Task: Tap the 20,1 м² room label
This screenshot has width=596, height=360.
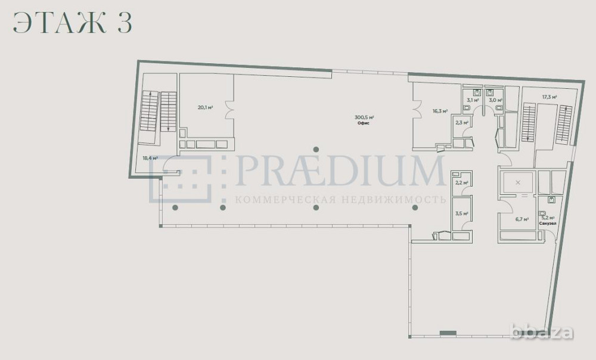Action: tap(206, 108)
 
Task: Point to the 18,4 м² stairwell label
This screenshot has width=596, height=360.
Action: tap(150, 158)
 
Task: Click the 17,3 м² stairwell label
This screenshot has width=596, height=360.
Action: tap(549, 97)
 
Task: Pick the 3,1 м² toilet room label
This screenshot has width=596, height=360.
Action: tap(473, 100)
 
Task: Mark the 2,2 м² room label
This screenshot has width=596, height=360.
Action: tap(461, 182)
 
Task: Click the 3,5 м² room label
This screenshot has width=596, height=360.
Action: tap(461, 213)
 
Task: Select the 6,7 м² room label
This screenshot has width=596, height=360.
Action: tap(522, 219)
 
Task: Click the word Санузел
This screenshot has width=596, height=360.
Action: tap(547, 224)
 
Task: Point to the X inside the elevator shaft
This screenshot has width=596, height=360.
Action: tap(517, 182)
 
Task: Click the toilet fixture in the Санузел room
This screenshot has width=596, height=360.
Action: tap(542, 213)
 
